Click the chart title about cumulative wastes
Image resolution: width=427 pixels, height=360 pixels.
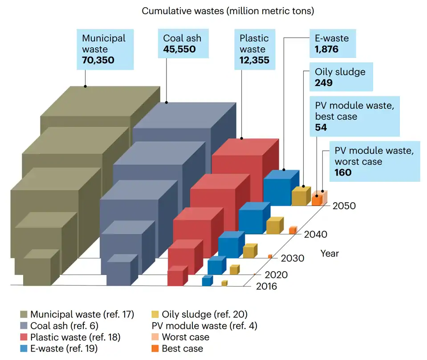(228, 11)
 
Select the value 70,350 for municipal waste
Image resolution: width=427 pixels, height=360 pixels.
(98, 60)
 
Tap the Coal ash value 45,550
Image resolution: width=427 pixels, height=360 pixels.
(179, 49)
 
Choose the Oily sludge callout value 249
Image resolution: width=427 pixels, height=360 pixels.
(324, 83)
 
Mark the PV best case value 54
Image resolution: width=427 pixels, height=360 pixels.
(321, 127)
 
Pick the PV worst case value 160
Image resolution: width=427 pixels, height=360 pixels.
(343, 172)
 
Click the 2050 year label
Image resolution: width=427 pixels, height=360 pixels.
(344, 206)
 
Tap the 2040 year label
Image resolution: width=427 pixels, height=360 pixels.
(317, 234)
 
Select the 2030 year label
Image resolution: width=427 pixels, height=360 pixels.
(293, 258)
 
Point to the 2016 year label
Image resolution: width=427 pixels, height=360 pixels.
(266, 286)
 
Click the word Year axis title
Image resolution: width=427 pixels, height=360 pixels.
(329, 254)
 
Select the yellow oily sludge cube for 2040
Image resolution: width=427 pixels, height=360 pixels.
(273, 226)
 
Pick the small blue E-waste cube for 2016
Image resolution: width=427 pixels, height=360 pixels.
(207, 281)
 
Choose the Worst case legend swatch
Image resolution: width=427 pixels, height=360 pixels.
(155, 337)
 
